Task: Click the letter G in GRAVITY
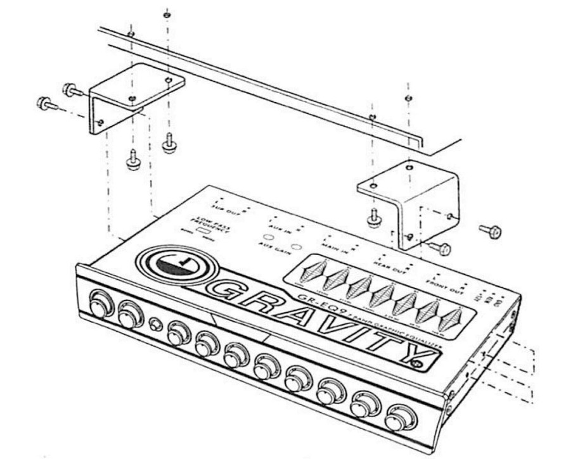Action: click(224, 292)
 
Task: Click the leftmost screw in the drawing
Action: click(45, 102)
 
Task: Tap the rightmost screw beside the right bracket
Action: click(491, 231)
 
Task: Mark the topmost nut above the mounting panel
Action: click(166, 14)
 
